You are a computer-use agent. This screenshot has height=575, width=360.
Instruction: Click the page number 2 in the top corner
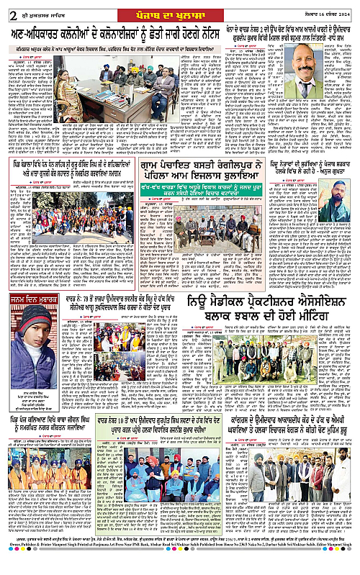tap(6, 8)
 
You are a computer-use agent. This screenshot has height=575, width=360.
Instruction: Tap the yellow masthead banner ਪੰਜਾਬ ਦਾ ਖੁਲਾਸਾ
tap(179, 7)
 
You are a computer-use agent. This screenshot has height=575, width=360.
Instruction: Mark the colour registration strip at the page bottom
tap(180, 574)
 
